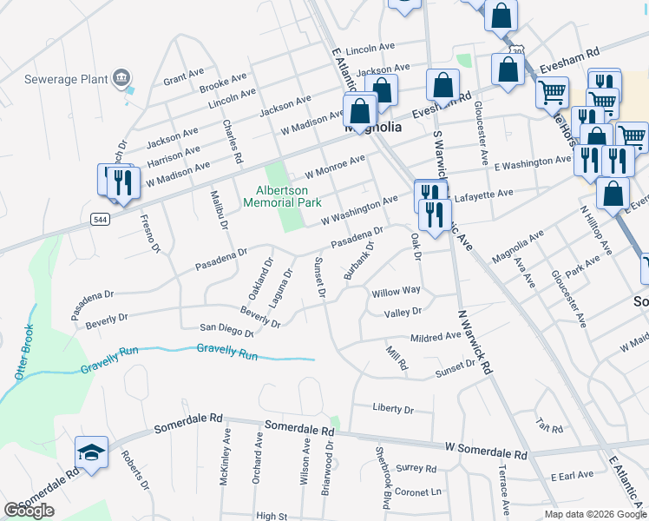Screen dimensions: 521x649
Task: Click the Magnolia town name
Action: click(x=373, y=127)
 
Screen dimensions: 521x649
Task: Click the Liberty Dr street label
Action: click(x=393, y=407)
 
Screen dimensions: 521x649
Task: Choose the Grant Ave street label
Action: click(x=183, y=76)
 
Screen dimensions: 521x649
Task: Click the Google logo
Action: click(x=29, y=511)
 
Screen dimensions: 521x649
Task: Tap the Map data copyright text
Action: click(x=595, y=514)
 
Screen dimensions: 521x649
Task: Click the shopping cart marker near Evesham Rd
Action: click(x=553, y=92)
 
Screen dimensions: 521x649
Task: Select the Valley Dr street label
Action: click(x=403, y=311)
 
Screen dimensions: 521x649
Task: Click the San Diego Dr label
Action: click(x=226, y=330)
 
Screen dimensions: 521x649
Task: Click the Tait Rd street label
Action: click(x=550, y=427)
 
